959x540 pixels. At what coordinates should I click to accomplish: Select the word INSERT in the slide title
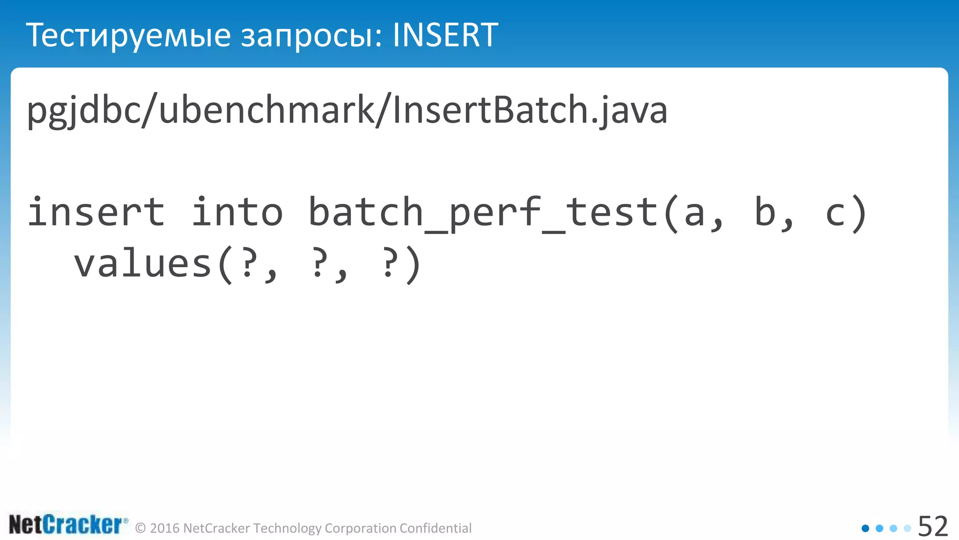coord(445,36)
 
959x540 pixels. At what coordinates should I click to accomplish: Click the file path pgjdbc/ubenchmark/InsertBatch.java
coord(347,111)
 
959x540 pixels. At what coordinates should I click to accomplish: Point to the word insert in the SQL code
coord(96,212)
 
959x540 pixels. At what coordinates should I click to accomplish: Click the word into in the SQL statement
coord(237,212)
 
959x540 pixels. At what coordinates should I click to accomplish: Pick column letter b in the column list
coord(765,212)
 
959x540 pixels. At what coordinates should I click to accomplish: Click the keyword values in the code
coord(143,263)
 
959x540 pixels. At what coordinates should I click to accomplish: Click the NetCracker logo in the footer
coord(67,525)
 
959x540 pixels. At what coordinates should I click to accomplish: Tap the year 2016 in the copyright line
coord(165,528)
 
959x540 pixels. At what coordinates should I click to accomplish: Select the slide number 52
coord(933,527)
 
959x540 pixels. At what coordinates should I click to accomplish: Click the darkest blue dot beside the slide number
coord(865,528)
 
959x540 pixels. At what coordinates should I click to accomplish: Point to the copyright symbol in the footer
coord(140,528)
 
